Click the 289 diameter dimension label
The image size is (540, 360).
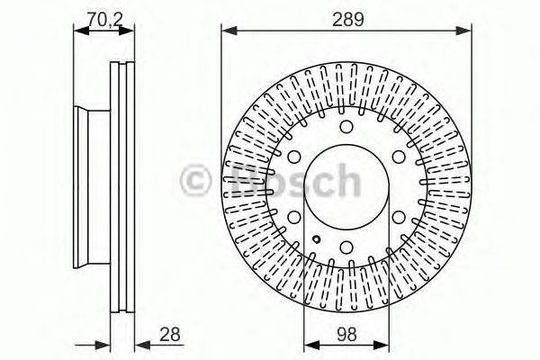[346, 16]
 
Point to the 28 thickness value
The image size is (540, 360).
[168, 334]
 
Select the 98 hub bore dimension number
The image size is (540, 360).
[346, 334]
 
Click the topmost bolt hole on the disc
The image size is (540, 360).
[346, 127]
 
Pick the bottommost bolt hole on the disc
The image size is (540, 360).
[346, 246]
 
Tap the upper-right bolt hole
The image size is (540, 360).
[398, 157]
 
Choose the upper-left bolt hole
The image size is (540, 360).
[295, 157]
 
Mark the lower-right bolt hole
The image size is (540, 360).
[398, 216]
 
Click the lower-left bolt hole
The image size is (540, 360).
[295, 216]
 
